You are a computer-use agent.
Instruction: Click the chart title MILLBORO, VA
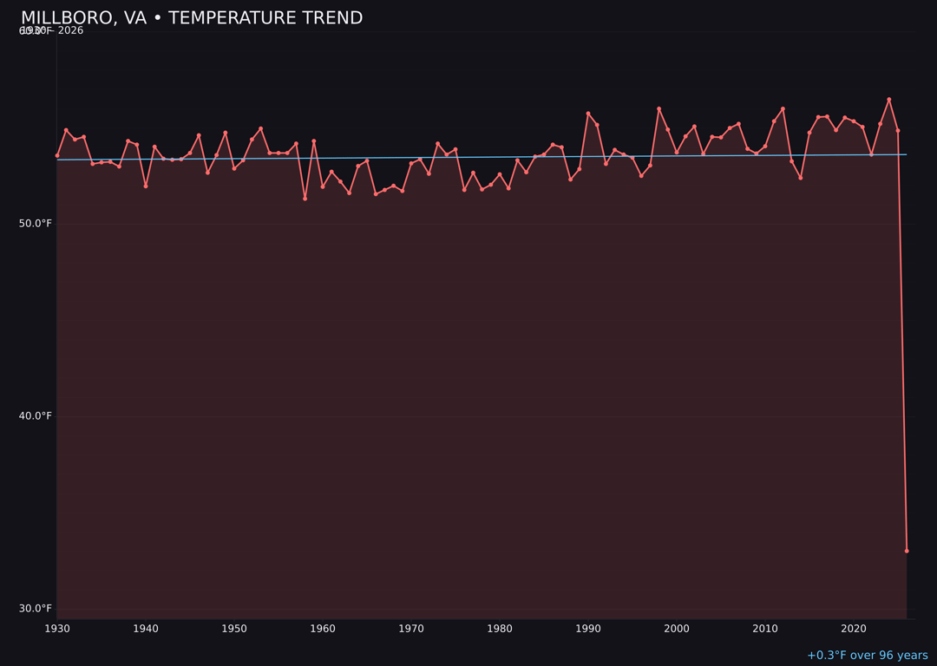click(192, 18)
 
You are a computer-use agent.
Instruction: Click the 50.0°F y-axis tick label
click(36, 224)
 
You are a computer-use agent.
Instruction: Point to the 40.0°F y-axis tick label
click(36, 416)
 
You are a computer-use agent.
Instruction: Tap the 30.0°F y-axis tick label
click(36, 609)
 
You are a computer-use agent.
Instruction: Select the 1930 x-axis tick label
click(57, 629)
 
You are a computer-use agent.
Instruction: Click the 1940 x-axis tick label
click(146, 629)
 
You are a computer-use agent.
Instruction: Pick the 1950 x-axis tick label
click(234, 629)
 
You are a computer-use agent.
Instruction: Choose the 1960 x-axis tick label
click(323, 629)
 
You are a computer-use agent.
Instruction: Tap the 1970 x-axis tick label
click(411, 629)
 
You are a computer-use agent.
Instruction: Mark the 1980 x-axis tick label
click(500, 629)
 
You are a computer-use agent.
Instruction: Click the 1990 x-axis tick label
click(588, 629)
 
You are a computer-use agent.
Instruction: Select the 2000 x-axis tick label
click(677, 629)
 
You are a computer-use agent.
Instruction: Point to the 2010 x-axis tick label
click(765, 629)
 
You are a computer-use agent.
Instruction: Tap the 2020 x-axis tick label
click(854, 629)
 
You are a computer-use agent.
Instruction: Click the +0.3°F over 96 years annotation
click(867, 656)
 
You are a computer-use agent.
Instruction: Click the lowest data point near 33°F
click(907, 551)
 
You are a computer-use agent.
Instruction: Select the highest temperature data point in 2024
click(888, 100)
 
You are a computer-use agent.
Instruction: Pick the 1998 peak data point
click(659, 108)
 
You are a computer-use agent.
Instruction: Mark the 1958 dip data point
click(305, 199)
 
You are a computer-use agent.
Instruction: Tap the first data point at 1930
click(57, 155)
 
